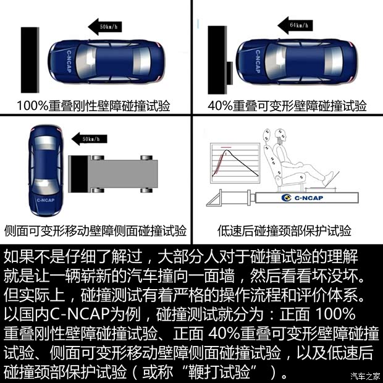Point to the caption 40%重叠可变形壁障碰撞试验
click(x=287, y=106)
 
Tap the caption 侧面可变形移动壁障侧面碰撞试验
click(x=95, y=230)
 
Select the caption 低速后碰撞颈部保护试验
click(x=285, y=230)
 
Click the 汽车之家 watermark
click(x=365, y=375)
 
